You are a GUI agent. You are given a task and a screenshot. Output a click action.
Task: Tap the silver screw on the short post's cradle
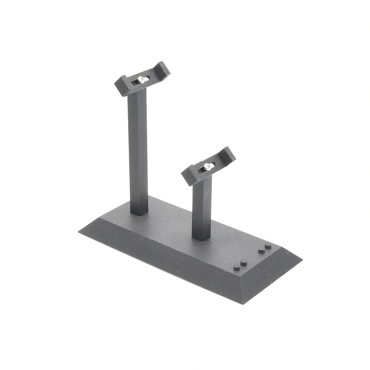click(208, 167)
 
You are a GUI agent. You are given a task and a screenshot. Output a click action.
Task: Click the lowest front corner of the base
click(242, 304)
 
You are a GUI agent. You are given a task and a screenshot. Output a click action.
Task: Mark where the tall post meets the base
click(139, 212)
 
